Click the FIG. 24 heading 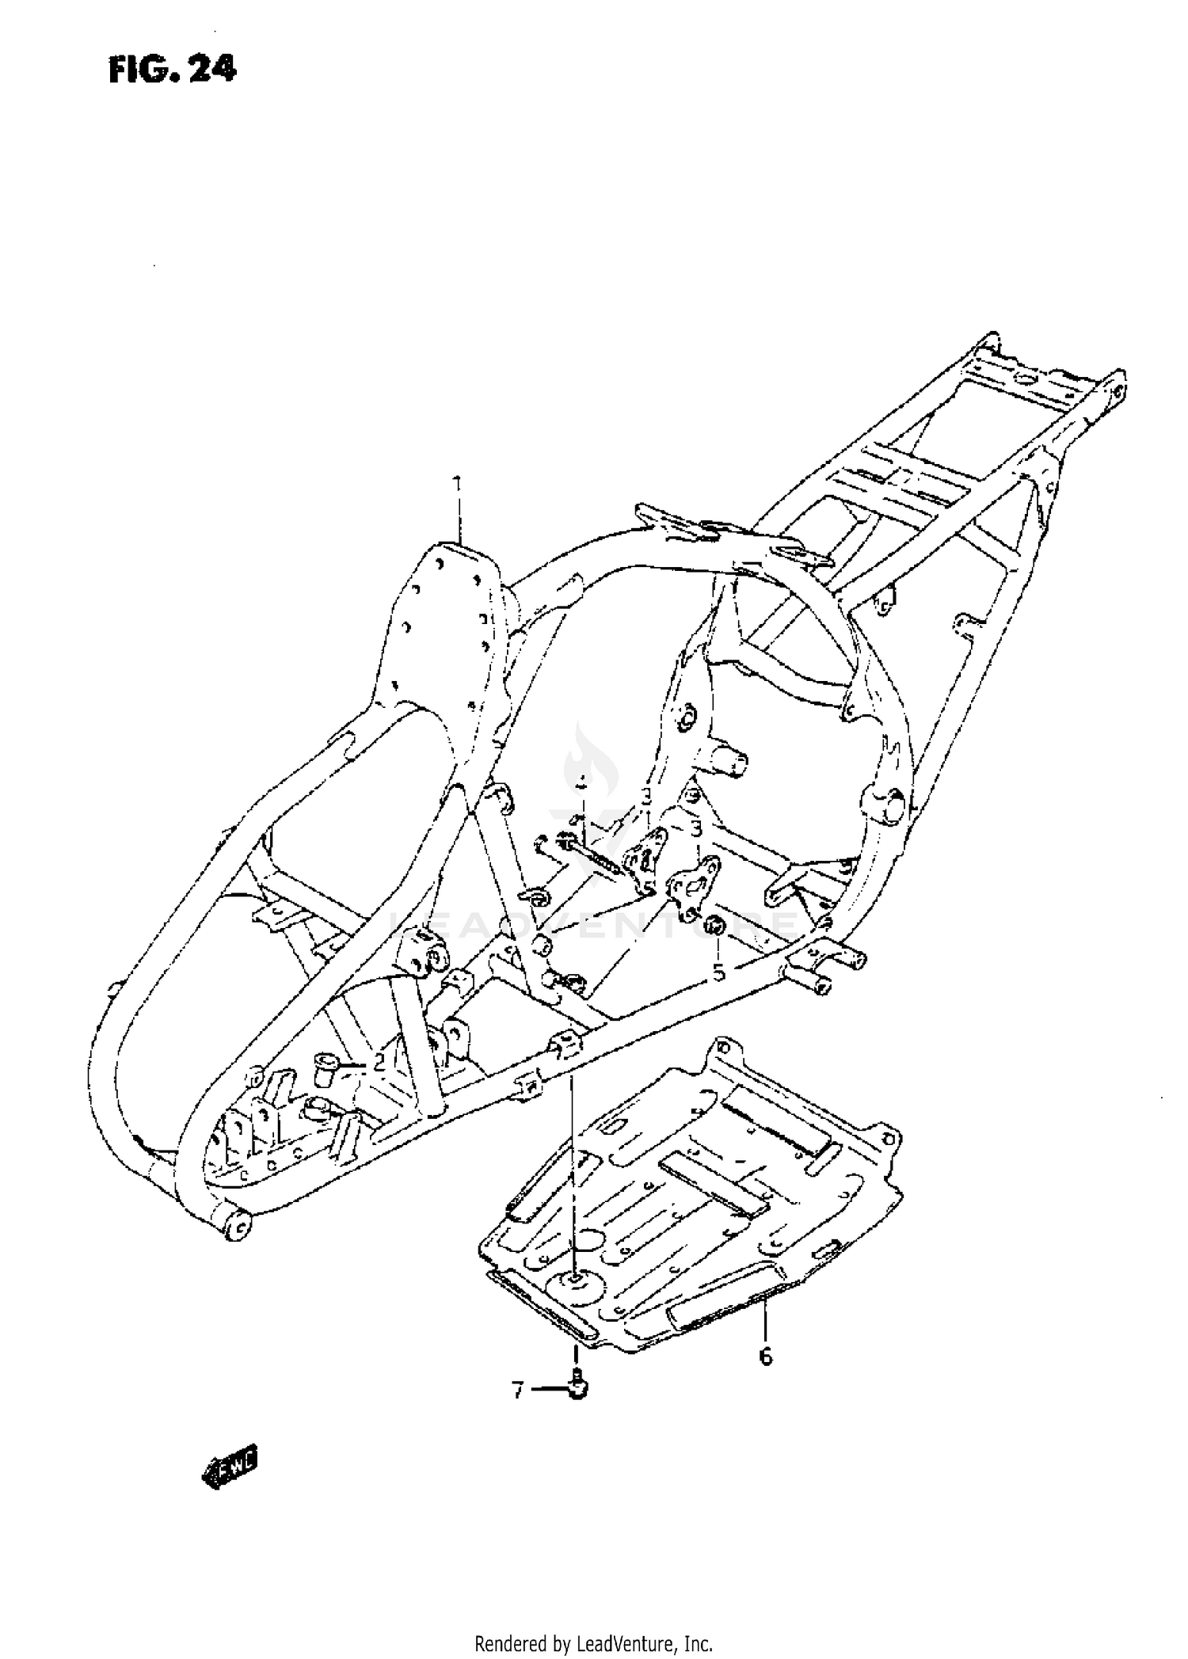click(172, 70)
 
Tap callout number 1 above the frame click(457, 484)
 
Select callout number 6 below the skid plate click(765, 1356)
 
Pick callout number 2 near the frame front click(379, 1063)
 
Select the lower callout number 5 click(718, 971)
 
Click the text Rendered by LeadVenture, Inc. click(594, 1640)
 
